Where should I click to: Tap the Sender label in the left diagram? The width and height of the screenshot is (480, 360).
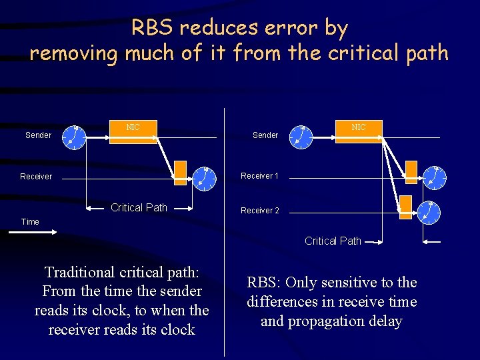pos(38,135)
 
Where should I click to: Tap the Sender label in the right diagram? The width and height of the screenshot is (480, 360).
pos(265,135)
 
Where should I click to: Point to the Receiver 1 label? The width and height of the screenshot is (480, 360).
pos(259,176)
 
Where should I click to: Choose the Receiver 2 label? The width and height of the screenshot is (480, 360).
pos(260,211)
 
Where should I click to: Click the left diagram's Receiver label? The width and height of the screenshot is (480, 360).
pos(36,177)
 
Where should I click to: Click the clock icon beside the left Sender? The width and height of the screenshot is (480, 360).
pos(75,136)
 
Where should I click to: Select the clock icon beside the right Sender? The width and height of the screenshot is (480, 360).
pos(303,136)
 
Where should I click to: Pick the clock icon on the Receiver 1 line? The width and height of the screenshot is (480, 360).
pos(435,177)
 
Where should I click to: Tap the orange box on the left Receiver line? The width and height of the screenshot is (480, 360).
pos(181,172)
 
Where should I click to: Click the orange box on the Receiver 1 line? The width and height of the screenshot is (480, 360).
pos(411,171)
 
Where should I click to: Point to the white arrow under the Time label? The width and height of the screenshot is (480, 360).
pos(41,232)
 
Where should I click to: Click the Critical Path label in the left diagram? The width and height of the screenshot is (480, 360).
pos(139,207)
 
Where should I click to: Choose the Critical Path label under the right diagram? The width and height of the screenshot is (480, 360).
pos(333,241)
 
